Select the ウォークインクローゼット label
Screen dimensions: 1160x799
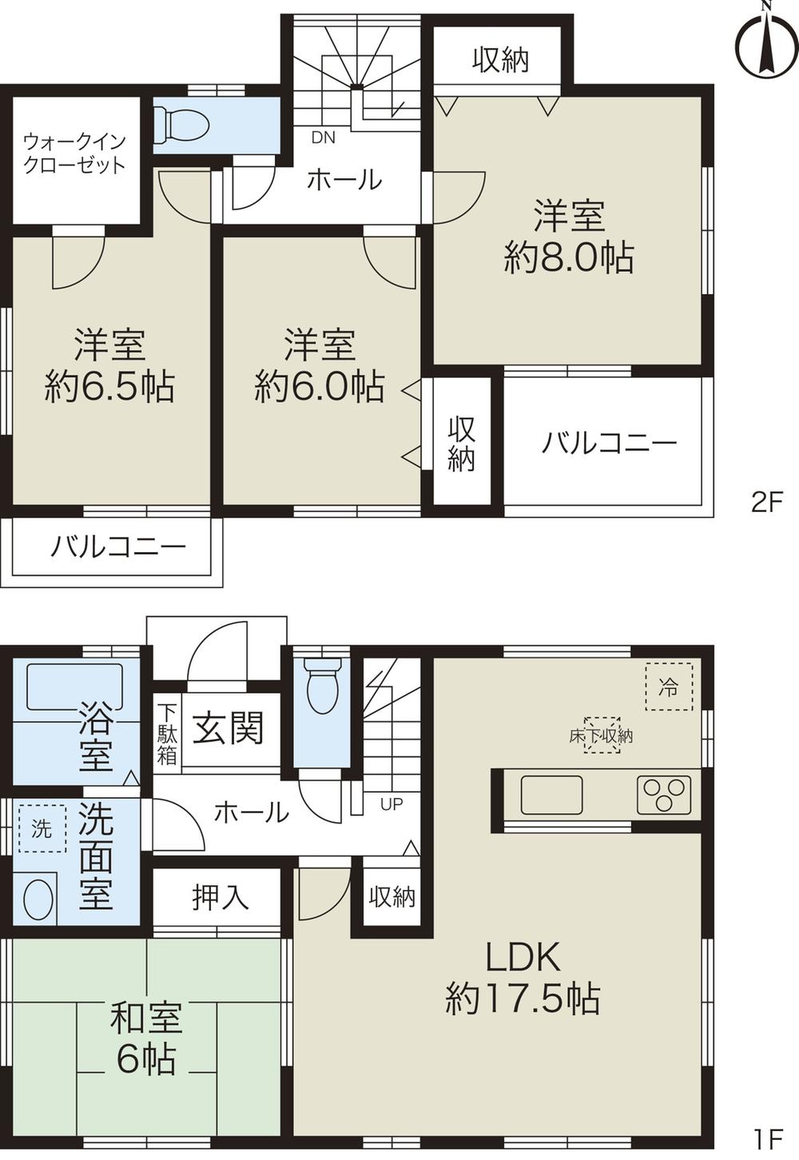[74, 154]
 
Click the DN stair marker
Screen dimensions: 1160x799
[324, 137]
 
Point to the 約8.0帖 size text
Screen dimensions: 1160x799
[569, 259]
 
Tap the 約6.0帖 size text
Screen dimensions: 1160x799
[320, 387]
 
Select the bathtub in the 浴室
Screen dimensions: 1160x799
[75, 686]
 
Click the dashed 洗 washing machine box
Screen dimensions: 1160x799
[42, 828]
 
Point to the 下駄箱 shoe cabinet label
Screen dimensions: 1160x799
[166, 733]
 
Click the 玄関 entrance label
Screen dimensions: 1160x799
[229, 729]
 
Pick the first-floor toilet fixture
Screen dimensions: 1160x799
[324, 685]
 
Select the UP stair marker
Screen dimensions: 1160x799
[392, 804]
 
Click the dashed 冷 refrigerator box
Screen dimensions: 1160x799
[668, 686]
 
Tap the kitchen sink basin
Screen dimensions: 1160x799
[552, 795]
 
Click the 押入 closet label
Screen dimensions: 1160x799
[221, 897]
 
